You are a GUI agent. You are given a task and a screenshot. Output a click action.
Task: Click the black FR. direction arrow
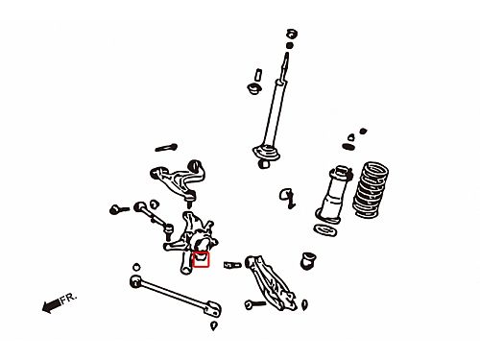[x=51, y=305]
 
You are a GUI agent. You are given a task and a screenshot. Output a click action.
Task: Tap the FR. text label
[x=69, y=299]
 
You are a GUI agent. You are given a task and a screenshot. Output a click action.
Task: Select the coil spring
[x=371, y=190]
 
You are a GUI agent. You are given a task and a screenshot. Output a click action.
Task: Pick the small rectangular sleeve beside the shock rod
[x=258, y=75]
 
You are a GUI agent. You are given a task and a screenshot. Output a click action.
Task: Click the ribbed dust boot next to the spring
[x=335, y=194]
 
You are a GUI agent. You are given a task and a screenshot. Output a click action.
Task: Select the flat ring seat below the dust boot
[x=324, y=230]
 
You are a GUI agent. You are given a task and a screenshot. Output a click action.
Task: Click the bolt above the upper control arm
[x=166, y=148]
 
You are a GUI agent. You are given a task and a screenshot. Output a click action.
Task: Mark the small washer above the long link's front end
[x=136, y=267]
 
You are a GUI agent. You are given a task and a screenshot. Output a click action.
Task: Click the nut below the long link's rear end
[x=214, y=325]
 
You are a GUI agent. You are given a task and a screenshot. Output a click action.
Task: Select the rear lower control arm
[x=271, y=281]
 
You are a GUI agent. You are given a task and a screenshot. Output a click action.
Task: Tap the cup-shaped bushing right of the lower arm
[x=308, y=260]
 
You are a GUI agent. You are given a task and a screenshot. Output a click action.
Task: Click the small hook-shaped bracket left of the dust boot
[x=287, y=198]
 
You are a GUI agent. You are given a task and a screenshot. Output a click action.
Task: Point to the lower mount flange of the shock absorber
[x=266, y=153]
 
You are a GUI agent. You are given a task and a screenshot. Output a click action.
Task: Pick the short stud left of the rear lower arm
[x=232, y=265]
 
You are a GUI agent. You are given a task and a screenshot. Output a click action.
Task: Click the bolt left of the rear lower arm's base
[x=254, y=304]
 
